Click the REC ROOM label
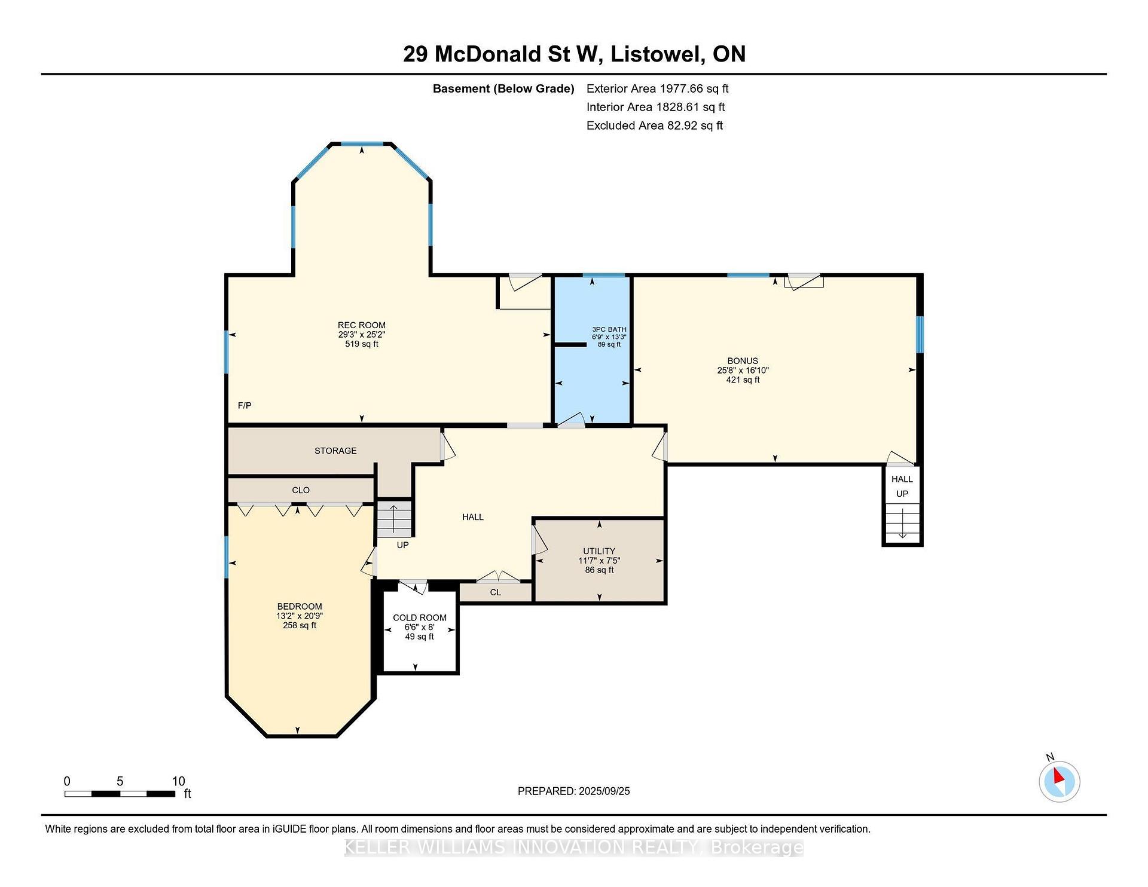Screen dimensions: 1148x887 click(362, 325)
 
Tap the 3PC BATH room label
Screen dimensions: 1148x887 click(609, 329)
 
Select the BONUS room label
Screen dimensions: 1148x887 click(743, 361)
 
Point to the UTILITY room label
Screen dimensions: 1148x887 click(599, 551)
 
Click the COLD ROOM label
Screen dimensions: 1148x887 click(420, 618)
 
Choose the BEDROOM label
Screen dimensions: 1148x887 click(300, 606)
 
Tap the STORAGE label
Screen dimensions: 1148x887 click(335, 451)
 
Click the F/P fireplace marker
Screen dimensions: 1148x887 click(245, 406)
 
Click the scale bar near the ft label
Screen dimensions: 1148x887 click(120, 794)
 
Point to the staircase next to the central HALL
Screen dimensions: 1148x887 click(394, 519)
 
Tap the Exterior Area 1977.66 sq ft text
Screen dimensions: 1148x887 click(658, 88)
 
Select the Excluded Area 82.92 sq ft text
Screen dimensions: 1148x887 click(655, 126)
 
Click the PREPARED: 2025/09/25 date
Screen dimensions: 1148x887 click(574, 791)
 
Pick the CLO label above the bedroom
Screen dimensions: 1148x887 click(301, 490)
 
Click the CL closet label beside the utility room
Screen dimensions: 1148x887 click(495, 592)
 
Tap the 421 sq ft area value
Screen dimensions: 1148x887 click(743, 380)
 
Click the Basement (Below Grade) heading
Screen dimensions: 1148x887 click(503, 89)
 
